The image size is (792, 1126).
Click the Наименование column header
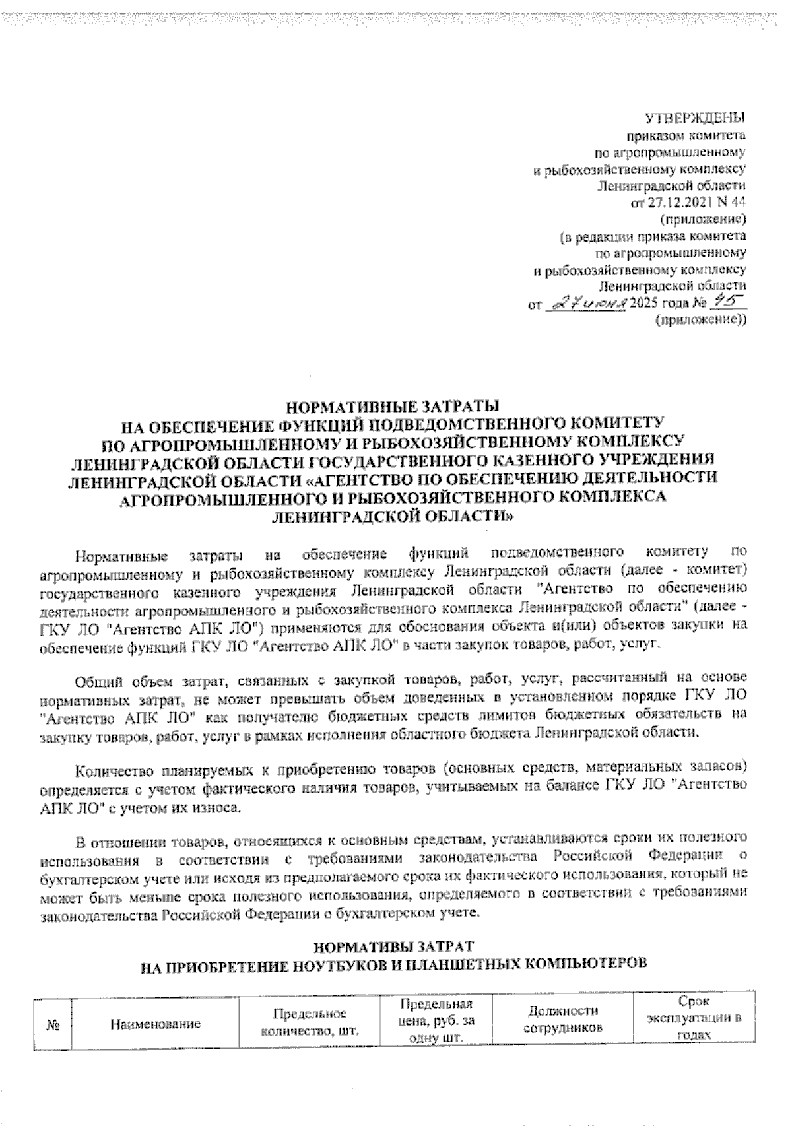(x=156, y=1024)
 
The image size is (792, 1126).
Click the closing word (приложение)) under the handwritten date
(x=701, y=320)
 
